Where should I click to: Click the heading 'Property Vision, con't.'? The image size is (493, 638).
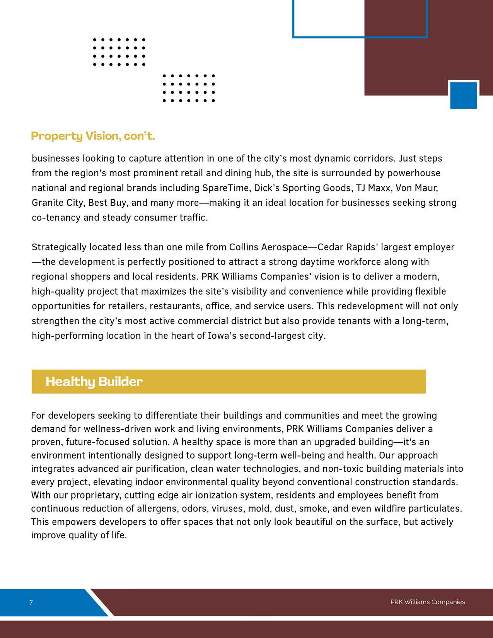pyautogui.click(x=93, y=136)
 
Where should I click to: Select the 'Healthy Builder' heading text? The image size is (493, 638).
pyautogui.click(x=94, y=382)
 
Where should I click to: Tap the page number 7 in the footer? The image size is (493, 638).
pyautogui.click(x=31, y=602)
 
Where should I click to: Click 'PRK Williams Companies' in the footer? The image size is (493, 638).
pyautogui.click(x=427, y=602)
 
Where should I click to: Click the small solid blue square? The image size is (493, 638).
pyautogui.click(x=463, y=95)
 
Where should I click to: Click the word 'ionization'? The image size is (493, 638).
pyautogui.click(x=216, y=495)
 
